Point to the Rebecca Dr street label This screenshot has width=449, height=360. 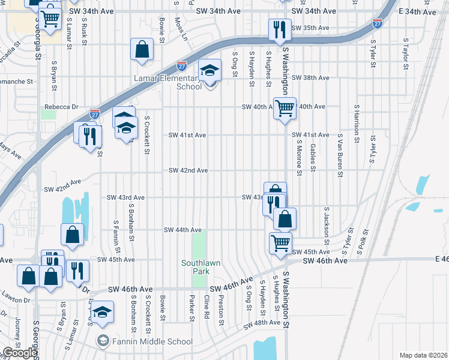click(x=62, y=107)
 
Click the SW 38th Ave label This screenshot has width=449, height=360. click(x=310, y=78)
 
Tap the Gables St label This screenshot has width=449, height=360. click(x=313, y=155)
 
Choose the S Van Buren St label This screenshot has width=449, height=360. click(x=340, y=155)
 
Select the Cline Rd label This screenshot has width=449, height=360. click(x=206, y=306)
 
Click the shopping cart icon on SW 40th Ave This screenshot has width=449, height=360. click(x=285, y=108)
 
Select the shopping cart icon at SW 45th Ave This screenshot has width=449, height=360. click(x=280, y=244)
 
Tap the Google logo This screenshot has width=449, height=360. click(x=20, y=353)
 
